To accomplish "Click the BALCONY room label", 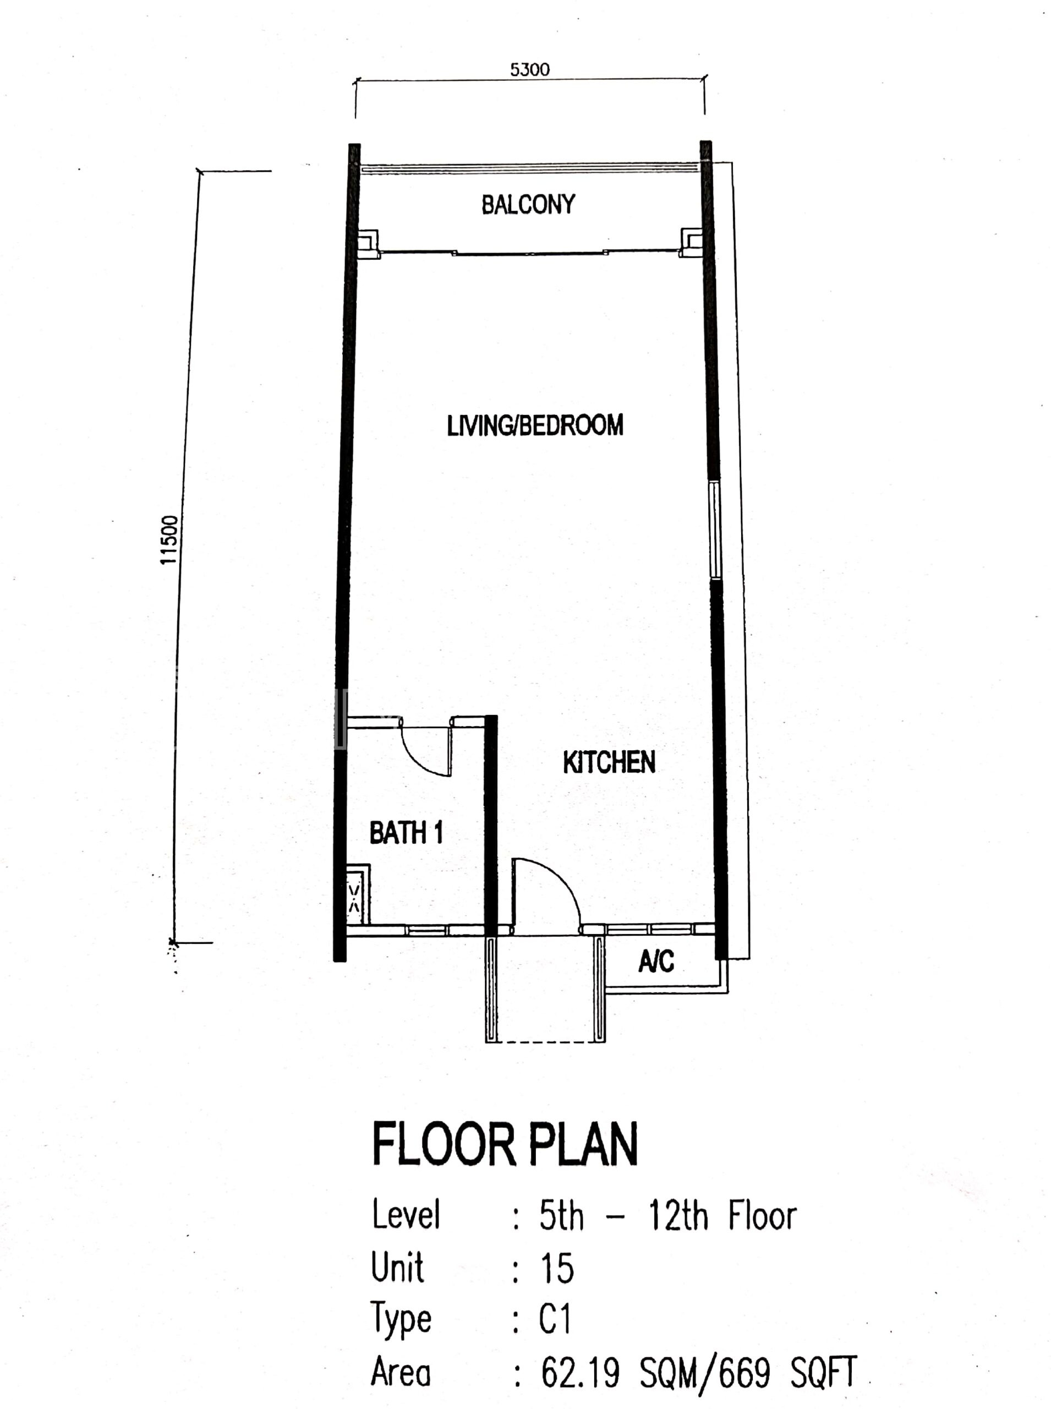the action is [528, 204].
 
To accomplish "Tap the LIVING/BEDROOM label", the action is [535, 425].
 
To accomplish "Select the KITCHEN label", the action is [609, 762].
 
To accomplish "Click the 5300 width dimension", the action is [530, 69].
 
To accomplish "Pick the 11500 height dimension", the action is [169, 540].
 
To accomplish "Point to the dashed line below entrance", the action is [545, 1042].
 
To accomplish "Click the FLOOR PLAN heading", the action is [505, 1145].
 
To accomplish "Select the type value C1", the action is [555, 1319].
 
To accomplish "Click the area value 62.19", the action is [580, 1372].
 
